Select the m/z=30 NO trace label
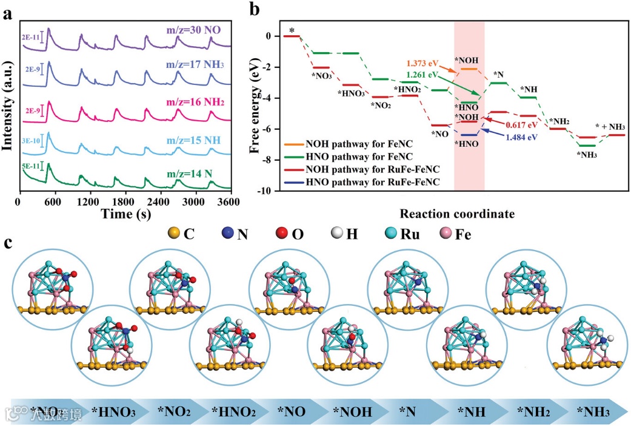point(198,30)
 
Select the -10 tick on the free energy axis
point(265,191)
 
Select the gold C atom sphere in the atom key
point(173,233)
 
